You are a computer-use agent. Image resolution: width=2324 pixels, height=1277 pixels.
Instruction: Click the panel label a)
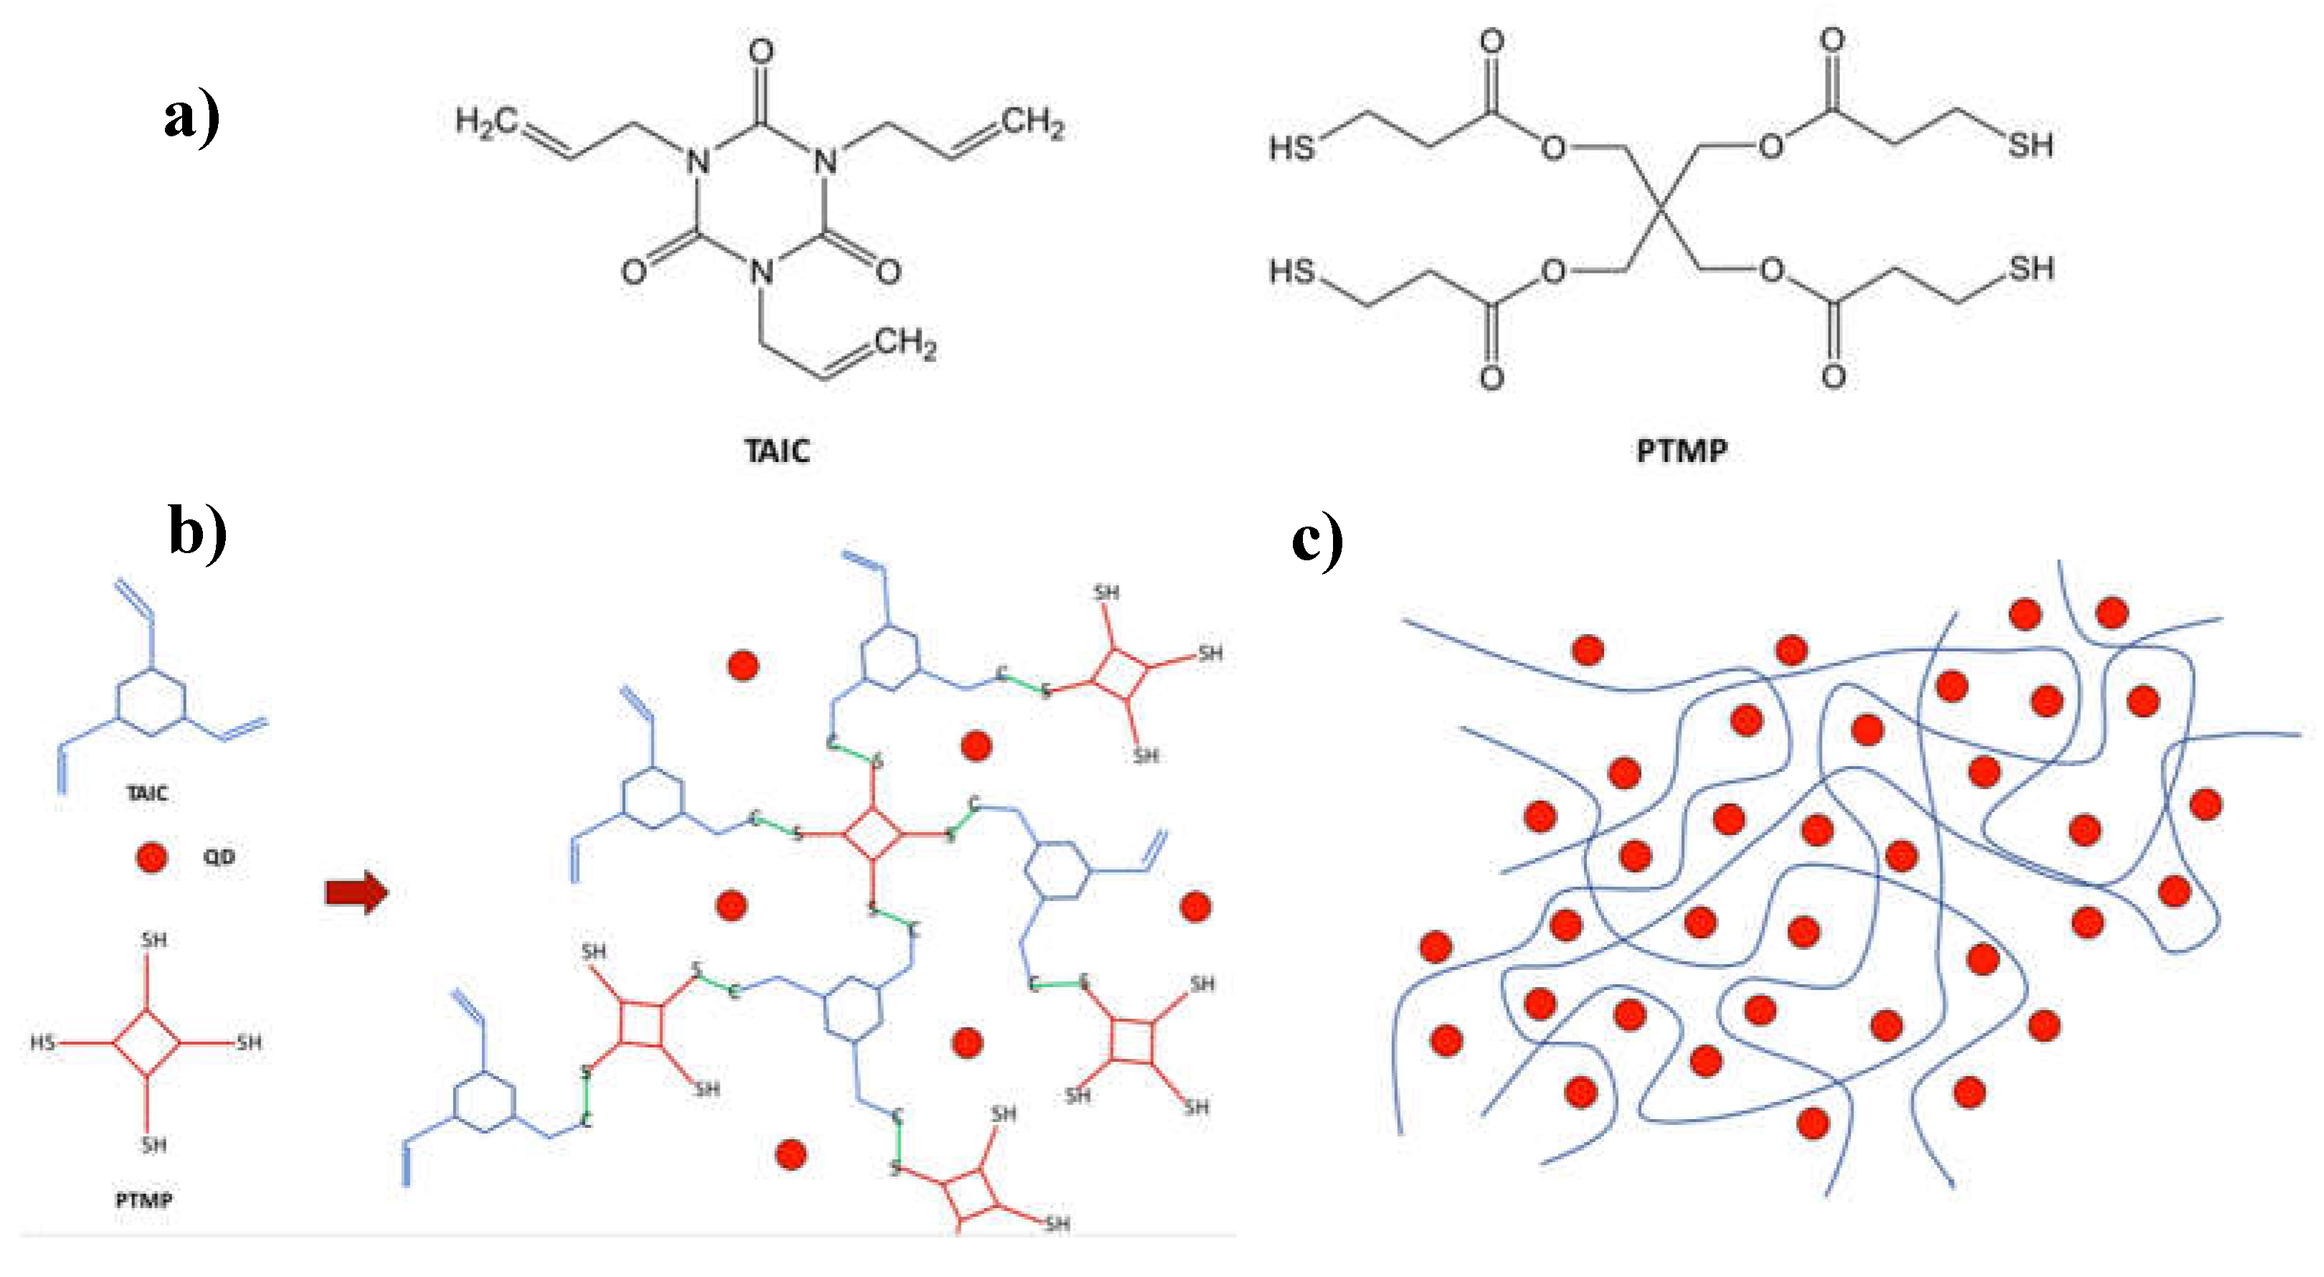point(191,118)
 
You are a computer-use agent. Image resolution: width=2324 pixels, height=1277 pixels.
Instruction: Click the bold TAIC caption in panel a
point(777,451)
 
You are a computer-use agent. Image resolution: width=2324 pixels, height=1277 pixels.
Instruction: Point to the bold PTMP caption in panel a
point(1682,451)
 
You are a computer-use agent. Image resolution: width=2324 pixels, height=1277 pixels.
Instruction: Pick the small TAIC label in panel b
point(147,793)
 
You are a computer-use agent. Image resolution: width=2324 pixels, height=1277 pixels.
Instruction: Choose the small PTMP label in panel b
point(143,1200)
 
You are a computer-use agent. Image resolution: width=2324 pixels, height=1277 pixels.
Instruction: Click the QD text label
point(218,857)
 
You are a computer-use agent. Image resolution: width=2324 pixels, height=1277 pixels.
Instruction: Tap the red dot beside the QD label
point(151,857)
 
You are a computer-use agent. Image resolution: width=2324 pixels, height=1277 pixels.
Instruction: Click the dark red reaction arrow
point(356,892)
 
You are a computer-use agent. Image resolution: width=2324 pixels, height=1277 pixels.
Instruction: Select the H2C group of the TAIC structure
point(486,122)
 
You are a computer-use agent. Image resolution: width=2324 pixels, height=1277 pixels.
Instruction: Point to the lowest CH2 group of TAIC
point(905,343)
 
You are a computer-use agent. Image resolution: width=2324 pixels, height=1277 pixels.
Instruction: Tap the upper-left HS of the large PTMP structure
point(1291,147)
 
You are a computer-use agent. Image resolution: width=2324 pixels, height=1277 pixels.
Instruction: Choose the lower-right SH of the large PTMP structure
point(2031,268)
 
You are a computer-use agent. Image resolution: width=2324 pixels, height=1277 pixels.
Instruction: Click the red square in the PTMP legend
point(146,1043)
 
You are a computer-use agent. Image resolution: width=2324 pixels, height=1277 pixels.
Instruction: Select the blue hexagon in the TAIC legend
point(151,702)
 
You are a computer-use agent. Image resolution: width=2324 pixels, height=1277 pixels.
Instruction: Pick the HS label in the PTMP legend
point(42,1043)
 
